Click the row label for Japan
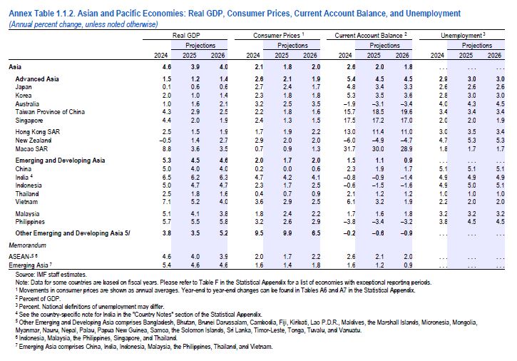(24, 86)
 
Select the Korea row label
(24, 94)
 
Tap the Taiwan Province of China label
(46, 111)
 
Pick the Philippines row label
(31, 221)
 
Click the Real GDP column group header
(185, 34)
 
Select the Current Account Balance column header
(370, 34)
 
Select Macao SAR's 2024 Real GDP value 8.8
(165, 148)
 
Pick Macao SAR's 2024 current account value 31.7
(346, 148)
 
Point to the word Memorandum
(30, 245)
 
